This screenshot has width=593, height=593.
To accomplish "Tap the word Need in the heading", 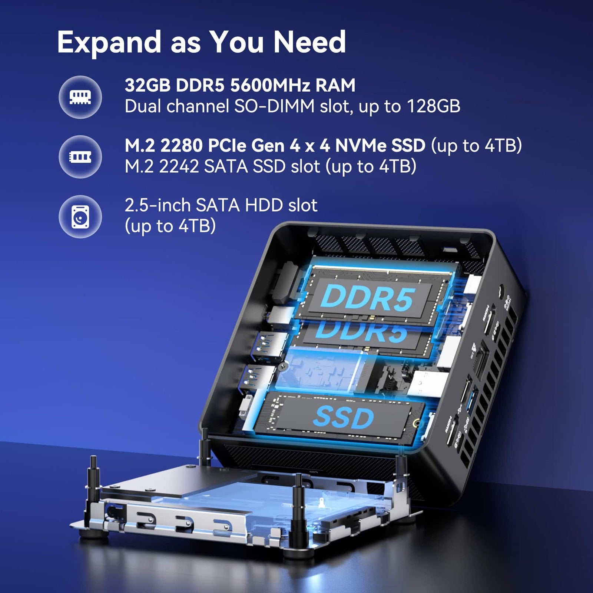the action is (x=309, y=42).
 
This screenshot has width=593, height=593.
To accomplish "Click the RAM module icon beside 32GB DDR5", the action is (x=80, y=97).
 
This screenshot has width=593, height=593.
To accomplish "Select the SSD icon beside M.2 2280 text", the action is (x=80, y=157).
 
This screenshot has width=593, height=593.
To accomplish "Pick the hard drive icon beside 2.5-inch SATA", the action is (x=80, y=217).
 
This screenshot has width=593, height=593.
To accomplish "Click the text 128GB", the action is (x=434, y=106).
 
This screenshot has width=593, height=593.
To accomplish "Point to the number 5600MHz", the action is (x=270, y=85).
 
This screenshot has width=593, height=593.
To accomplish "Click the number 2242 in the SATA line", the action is (x=179, y=166).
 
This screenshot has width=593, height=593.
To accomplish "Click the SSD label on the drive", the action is (x=343, y=418).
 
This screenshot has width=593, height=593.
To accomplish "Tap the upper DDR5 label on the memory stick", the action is (x=367, y=298).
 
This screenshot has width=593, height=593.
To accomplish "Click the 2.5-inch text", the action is (x=158, y=205).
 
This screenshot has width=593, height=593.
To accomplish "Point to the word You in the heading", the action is (x=237, y=42).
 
